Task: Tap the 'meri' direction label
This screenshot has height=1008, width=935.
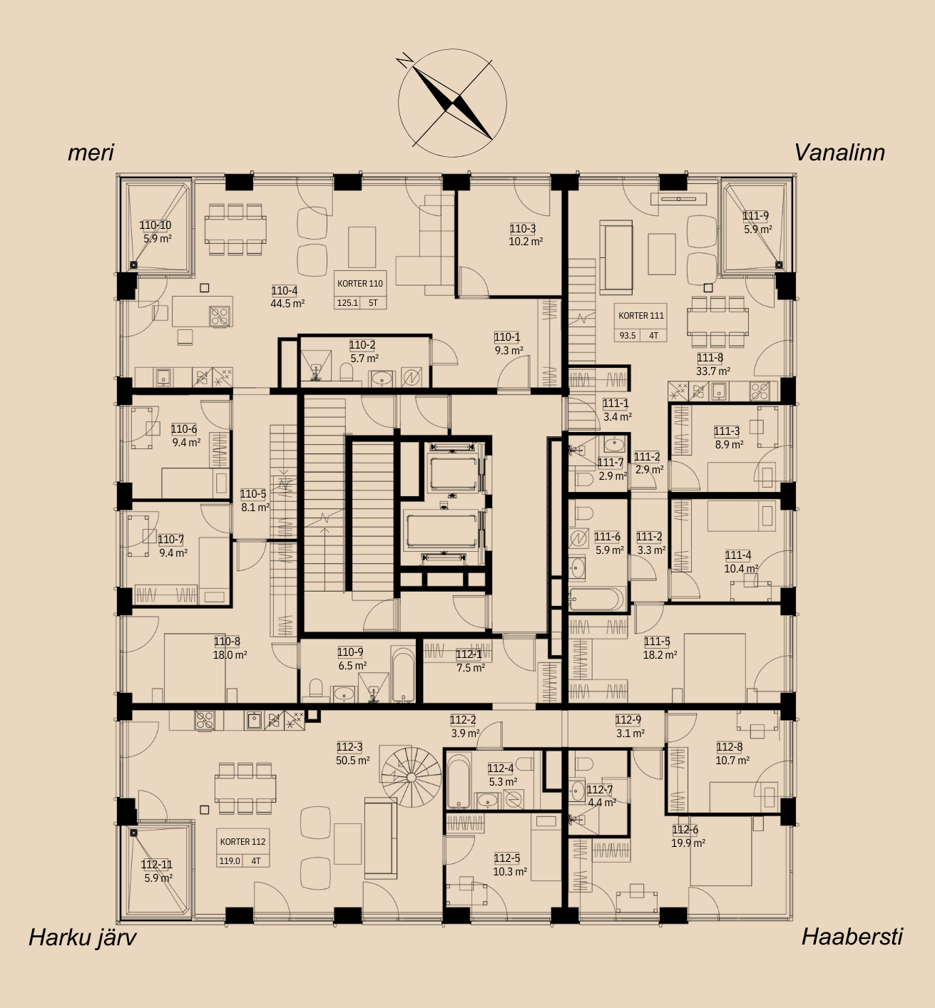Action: click(91, 153)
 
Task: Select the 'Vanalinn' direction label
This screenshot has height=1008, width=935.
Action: click(839, 153)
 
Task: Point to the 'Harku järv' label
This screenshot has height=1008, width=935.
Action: click(82, 937)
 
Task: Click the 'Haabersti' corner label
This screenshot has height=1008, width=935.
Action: click(852, 937)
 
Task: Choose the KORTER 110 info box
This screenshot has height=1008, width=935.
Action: click(360, 290)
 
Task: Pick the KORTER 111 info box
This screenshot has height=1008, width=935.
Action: click(640, 322)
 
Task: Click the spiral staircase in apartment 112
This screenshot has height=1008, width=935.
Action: click(412, 777)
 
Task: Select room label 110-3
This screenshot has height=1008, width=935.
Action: click(523, 228)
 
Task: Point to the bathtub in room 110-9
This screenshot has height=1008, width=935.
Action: click(404, 674)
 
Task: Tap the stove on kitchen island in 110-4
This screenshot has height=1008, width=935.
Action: click(220, 317)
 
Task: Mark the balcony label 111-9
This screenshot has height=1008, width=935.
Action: click(755, 216)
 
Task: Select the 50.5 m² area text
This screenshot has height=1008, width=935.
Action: click(352, 761)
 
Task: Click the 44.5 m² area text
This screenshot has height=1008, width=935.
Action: click(287, 304)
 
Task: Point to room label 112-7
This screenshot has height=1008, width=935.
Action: click(599, 790)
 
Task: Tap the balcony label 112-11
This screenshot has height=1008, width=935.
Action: click(156, 865)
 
